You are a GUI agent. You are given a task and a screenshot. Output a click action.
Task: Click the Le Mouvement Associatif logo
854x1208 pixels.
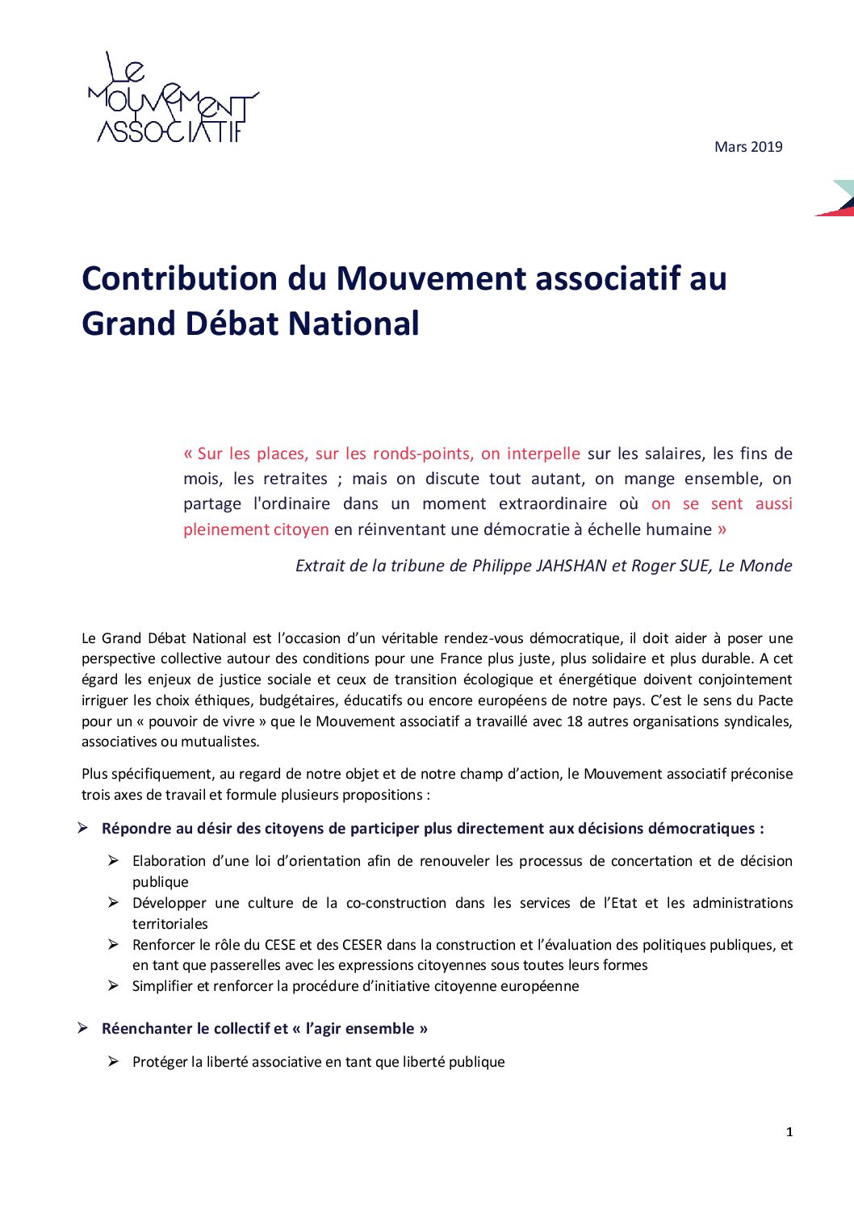[173, 99]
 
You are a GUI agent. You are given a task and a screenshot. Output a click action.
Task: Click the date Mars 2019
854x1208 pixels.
[748, 147]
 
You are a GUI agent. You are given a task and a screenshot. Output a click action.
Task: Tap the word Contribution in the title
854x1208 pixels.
[180, 278]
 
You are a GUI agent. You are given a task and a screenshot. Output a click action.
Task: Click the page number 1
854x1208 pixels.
[789, 1132]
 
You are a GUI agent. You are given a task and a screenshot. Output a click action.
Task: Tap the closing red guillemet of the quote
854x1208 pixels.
[722, 529]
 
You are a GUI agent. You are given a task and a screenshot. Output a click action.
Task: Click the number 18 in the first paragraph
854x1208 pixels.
[575, 721]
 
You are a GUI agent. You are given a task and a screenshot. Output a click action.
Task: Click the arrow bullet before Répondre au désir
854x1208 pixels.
[83, 828]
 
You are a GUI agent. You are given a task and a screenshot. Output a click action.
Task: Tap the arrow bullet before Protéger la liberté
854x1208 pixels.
[114, 1061]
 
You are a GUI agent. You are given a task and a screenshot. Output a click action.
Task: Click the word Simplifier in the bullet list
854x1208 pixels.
[162, 986]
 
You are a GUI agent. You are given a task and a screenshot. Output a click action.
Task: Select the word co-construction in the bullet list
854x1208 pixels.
[396, 903]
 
